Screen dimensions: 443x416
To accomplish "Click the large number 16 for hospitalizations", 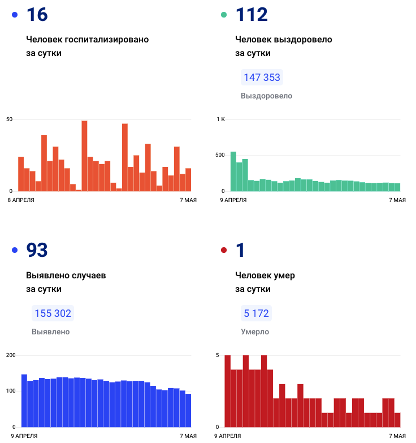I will click(x=37, y=15).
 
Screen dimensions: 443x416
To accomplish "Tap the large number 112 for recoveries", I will click(x=251, y=15).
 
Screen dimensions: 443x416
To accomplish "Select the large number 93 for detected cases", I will click(x=37, y=250).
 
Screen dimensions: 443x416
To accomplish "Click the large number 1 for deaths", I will click(x=240, y=250).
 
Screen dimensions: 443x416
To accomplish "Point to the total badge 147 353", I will click(x=262, y=78).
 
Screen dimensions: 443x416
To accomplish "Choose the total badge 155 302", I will click(x=53, y=313).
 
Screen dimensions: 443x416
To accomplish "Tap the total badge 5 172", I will click(x=256, y=313).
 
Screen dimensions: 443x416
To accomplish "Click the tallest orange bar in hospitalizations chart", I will click(x=84, y=156).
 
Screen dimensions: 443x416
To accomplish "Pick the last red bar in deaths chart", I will click(x=397, y=420).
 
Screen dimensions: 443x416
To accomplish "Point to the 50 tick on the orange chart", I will click(x=9, y=119).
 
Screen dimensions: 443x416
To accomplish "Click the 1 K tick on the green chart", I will click(x=221, y=119).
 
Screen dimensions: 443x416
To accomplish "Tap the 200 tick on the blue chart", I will click(x=10, y=355).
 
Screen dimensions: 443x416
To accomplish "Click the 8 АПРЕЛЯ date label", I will click(x=20, y=200).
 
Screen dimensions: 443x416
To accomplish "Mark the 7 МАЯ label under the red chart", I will click(x=397, y=436).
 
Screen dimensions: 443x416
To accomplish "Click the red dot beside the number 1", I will click(x=223, y=250).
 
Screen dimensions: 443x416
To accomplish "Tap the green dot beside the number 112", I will click(x=223, y=15).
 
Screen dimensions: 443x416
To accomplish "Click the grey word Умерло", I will click(x=255, y=332).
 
